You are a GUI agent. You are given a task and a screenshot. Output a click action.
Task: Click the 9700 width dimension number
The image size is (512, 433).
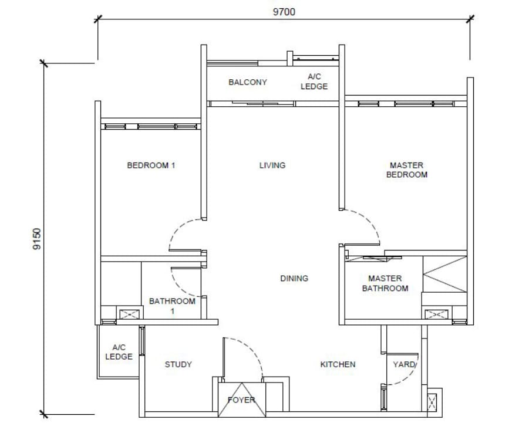284,12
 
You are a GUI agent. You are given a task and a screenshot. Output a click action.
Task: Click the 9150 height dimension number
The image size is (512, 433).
37,239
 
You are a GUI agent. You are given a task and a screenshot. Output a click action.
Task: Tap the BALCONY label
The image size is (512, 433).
248,82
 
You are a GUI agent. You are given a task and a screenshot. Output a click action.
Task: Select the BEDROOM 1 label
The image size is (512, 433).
151,165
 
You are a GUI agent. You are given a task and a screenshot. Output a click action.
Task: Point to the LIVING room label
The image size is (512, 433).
272,165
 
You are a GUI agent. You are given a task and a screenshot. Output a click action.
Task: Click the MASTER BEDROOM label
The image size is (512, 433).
406,170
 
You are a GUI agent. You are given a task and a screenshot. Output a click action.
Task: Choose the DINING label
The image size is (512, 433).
294,278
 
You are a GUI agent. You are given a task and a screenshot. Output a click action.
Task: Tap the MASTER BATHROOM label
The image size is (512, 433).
385,283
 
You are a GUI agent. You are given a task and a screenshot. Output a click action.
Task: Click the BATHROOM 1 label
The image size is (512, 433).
172,306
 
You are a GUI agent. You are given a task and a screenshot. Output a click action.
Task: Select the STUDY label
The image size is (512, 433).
178,364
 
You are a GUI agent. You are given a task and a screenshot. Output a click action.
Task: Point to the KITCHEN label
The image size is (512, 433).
338,364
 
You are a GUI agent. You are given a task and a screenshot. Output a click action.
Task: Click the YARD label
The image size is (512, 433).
404,364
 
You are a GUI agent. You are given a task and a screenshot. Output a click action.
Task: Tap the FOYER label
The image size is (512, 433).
241,400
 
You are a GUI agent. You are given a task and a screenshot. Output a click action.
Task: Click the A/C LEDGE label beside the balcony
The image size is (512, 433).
314,82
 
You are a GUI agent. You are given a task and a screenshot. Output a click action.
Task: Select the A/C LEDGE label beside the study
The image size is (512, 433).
119,352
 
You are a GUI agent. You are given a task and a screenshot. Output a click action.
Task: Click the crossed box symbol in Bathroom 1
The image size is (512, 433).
130,314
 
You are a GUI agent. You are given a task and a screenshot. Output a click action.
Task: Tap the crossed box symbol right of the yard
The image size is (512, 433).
432,402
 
